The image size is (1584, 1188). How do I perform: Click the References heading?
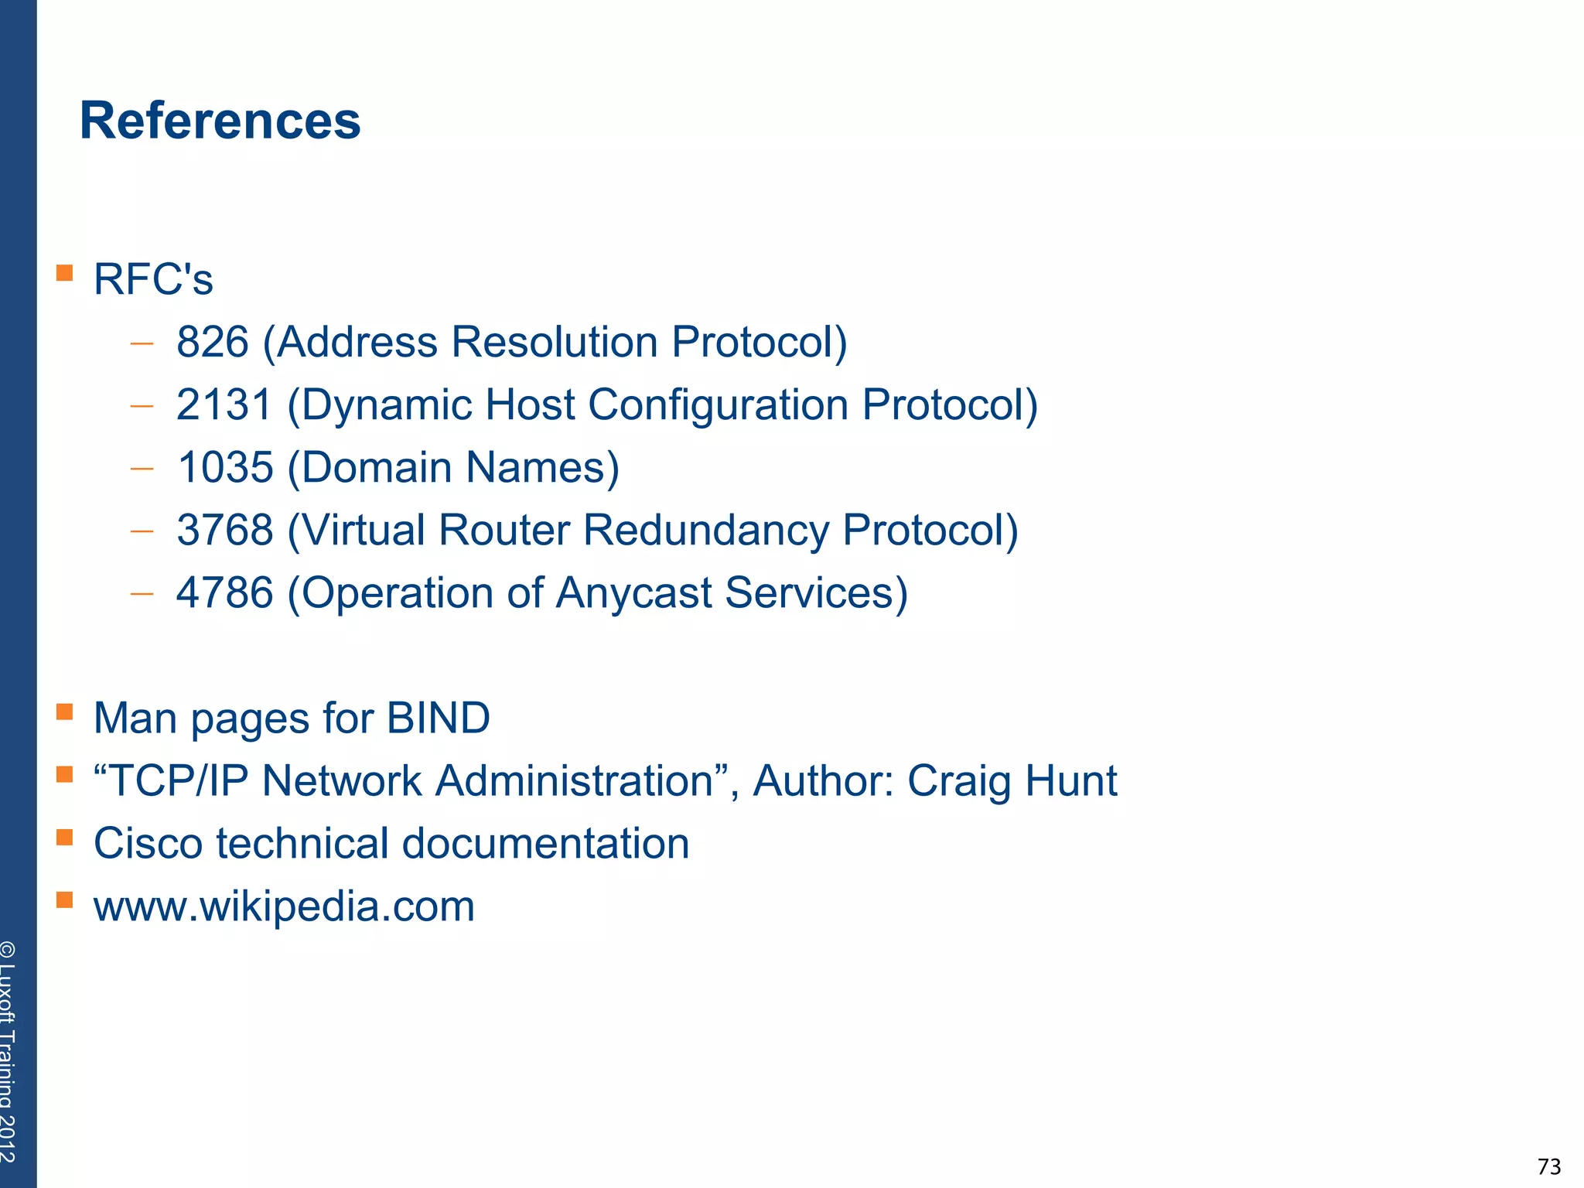(220, 121)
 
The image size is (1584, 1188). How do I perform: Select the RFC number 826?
(213, 342)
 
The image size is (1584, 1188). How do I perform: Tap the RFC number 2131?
(224, 405)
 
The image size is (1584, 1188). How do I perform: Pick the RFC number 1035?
(225, 467)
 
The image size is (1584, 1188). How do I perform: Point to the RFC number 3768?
(225, 530)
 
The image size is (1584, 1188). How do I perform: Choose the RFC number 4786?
(225, 592)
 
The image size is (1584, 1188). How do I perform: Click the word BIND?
(438, 718)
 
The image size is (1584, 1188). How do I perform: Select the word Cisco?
(148, 843)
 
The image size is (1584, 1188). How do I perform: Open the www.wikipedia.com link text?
(284, 906)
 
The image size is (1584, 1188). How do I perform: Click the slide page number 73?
(1549, 1166)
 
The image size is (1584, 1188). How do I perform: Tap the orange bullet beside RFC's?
(65, 272)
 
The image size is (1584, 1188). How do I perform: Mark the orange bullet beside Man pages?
(65, 711)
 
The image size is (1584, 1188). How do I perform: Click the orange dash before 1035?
(142, 468)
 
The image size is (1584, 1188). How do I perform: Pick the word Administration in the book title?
(573, 780)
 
